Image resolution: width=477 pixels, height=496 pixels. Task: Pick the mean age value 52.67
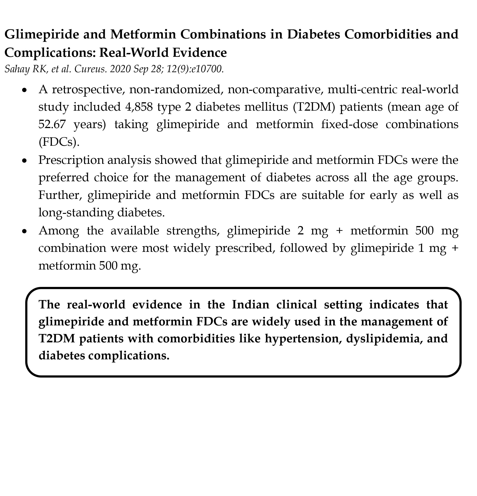[52, 124]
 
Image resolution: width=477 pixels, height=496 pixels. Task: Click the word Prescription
[71, 160]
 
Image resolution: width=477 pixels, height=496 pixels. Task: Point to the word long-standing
[76, 212]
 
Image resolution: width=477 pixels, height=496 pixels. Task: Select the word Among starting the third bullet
[58, 231]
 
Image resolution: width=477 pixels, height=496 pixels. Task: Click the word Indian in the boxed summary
[250, 304]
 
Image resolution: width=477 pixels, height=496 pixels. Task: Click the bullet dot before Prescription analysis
[24, 160]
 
